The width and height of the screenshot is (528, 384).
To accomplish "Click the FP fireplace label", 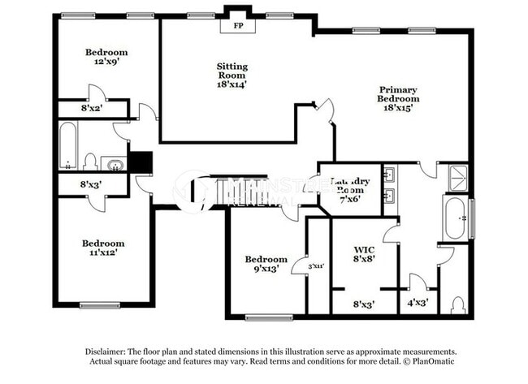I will click(x=240, y=26).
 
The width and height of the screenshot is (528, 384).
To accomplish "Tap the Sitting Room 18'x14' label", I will click(x=232, y=75).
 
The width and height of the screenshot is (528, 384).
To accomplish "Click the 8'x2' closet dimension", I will click(x=92, y=107).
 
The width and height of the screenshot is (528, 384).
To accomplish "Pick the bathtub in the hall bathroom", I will click(x=68, y=146).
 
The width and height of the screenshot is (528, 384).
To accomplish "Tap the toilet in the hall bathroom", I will click(x=91, y=161).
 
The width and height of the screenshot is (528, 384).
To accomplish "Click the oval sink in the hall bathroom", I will click(x=117, y=166).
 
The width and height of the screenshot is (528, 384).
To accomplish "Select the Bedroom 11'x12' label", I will click(x=102, y=248).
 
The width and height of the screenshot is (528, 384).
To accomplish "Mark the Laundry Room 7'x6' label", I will click(x=350, y=189).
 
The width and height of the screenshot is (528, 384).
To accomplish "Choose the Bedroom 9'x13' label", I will click(x=266, y=264).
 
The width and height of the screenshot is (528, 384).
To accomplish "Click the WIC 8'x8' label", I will click(x=364, y=255).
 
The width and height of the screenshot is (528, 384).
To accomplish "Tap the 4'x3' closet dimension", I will click(x=417, y=304).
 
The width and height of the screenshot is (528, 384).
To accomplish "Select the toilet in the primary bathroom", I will click(x=457, y=305).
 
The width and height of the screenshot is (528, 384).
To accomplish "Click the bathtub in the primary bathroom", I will click(x=455, y=217).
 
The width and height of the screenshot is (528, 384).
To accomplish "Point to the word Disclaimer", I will click(x=110, y=350).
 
